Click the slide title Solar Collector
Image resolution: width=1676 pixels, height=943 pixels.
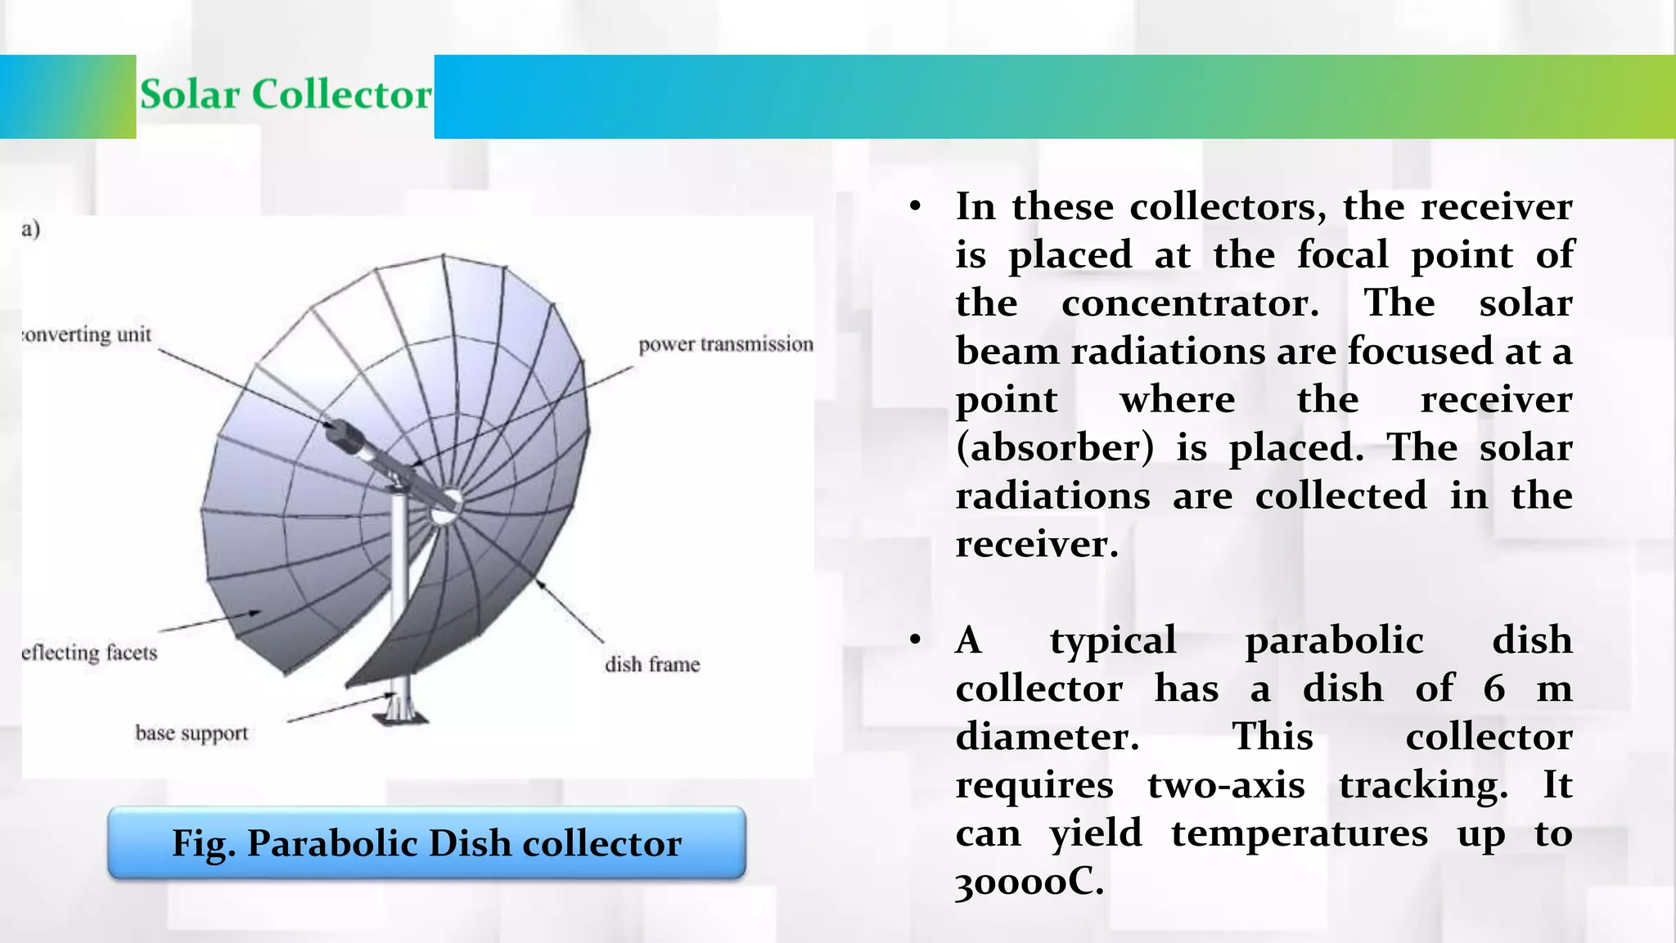285,95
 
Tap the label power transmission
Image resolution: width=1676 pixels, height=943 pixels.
725,344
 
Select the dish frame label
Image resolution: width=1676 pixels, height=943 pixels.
652,664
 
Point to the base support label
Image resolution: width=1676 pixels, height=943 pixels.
191,733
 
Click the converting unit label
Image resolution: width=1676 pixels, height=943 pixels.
88,335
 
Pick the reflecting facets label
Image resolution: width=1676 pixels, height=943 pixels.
89,653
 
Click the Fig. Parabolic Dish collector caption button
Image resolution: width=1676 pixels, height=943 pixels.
426,843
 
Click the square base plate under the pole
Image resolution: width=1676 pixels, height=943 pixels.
400,717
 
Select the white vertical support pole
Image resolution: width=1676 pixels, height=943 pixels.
399,589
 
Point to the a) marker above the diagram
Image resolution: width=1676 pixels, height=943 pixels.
31,229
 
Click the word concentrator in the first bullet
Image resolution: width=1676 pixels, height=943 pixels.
1190,303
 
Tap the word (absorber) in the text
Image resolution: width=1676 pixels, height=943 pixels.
1055,448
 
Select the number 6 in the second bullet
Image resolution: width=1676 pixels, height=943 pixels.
1494,688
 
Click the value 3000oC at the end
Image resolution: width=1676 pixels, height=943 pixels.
1029,882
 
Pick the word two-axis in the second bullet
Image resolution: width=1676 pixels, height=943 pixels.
1225,785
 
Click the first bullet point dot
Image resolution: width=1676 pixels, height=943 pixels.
915,206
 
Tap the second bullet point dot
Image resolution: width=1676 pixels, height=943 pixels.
915,640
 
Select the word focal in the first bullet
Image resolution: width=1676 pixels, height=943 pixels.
1342,254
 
